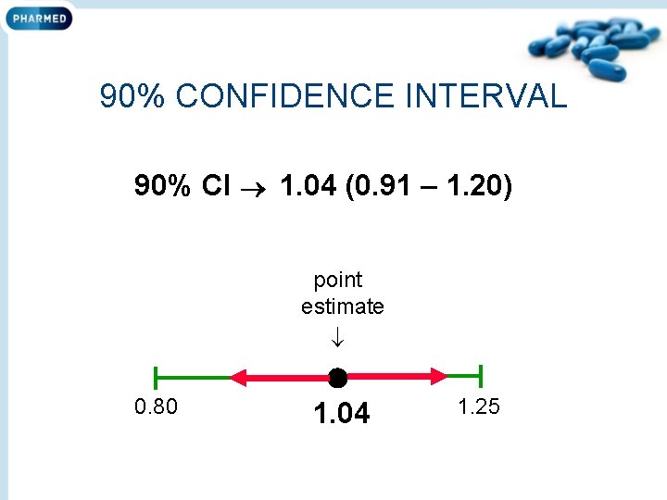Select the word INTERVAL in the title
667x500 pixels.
[x=485, y=95]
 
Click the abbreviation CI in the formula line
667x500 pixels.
[x=215, y=187]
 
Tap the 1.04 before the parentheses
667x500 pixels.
[x=308, y=187]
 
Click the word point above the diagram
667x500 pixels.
[x=338, y=280]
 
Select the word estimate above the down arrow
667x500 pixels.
[x=342, y=306]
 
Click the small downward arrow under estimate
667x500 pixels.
[x=337, y=336]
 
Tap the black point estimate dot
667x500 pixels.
[x=337, y=377]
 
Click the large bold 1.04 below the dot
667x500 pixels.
[x=341, y=413]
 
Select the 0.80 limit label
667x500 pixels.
[x=157, y=406]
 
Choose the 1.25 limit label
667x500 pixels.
[x=479, y=406]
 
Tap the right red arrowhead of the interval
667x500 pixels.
[x=439, y=376]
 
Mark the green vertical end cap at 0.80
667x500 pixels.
[x=156, y=376]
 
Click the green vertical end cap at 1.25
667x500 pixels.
[x=480, y=376]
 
